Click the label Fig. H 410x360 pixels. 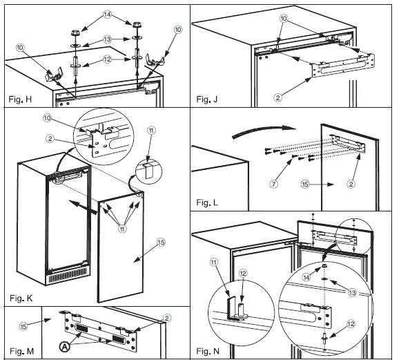point(20,100)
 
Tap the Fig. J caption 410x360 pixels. point(206,100)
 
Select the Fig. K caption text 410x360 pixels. point(21,298)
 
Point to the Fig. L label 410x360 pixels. point(207,202)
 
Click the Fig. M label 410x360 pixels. point(21,351)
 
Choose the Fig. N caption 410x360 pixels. point(208,351)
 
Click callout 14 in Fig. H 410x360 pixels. point(107,15)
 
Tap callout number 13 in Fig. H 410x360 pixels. point(107,39)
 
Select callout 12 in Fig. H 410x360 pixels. point(107,59)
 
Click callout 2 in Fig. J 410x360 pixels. point(277,97)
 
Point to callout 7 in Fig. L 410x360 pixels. point(273,184)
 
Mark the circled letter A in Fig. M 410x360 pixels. point(64,347)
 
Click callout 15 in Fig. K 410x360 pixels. point(161,242)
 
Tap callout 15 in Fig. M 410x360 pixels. point(23,326)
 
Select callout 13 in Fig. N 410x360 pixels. point(352,292)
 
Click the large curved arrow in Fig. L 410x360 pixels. point(263,129)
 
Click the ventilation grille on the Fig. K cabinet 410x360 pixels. point(68,276)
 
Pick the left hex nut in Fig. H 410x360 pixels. point(75,33)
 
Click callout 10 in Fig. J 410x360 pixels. point(284,19)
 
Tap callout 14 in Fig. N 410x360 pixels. point(306,277)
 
